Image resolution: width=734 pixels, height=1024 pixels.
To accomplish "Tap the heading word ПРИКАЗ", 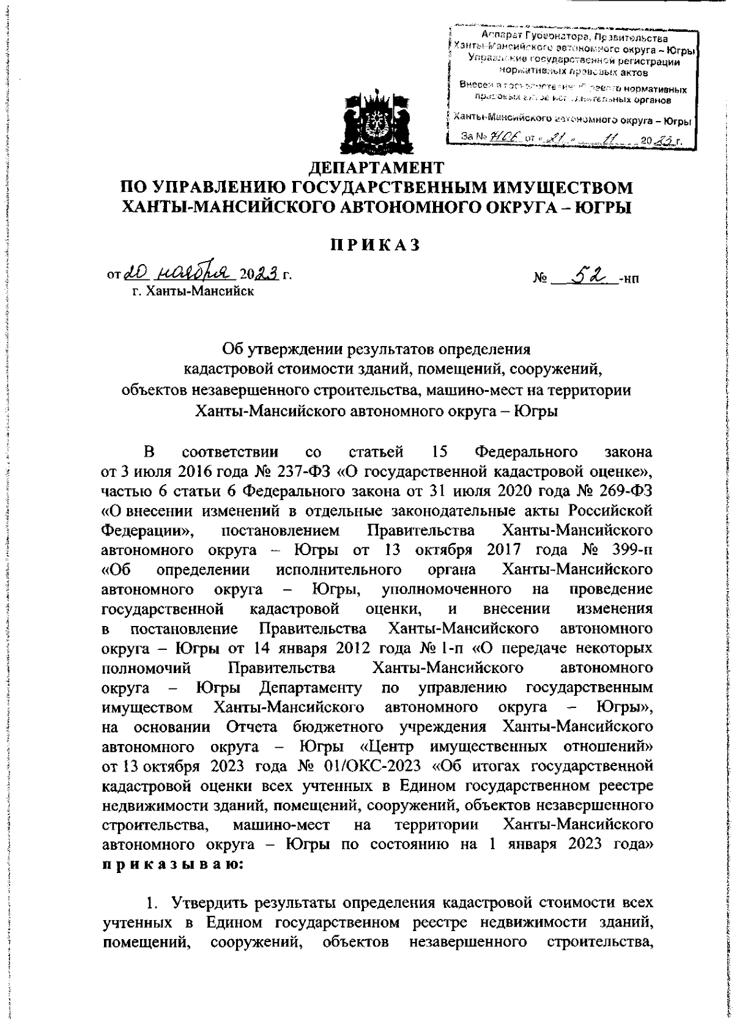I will pyautogui.click(x=376, y=244).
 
